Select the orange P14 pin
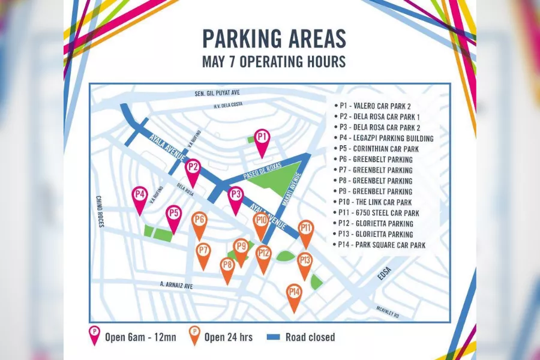coord(294,294)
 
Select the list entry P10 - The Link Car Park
coord(376,202)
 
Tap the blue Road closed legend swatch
coord(273,337)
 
